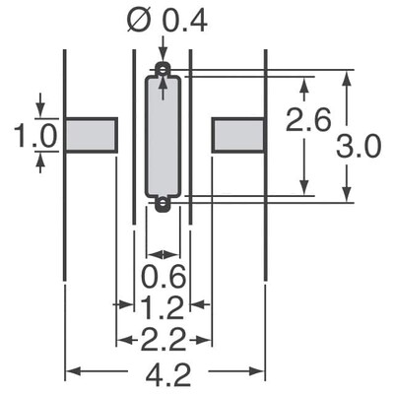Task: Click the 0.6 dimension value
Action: [164, 274]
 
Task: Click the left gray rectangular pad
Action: [91, 133]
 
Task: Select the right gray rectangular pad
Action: [238, 133]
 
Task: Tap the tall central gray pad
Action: [163, 137]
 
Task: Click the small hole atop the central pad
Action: [163, 70]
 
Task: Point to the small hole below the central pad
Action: [163, 204]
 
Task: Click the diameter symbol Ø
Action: [139, 19]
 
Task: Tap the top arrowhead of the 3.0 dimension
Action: [347, 77]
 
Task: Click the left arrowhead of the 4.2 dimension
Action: [71, 371]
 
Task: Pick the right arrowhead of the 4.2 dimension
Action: [258, 371]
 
